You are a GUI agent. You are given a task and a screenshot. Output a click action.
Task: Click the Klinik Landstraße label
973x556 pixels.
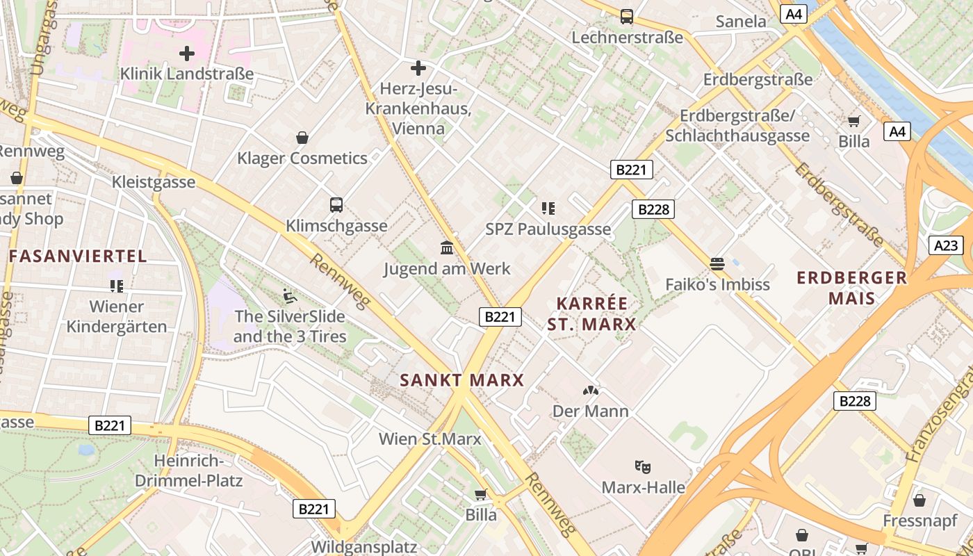(x=187, y=73)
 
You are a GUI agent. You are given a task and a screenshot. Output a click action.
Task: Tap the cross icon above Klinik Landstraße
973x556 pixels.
(x=187, y=53)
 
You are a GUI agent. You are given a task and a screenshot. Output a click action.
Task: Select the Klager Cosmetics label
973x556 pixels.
(x=302, y=158)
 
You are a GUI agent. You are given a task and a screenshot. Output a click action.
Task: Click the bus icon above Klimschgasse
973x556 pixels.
(x=336, y=205)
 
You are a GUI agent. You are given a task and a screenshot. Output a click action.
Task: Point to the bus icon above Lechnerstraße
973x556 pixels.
(x=627, y=16)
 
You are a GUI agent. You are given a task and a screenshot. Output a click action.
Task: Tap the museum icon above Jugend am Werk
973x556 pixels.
(x=447, y=248)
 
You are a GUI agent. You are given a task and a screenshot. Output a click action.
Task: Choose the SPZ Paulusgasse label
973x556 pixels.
(x=548, y=229)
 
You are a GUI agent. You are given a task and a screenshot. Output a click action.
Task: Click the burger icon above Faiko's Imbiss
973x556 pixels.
(x=717, y=264)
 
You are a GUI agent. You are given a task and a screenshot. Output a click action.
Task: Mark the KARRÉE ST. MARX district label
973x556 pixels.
(x=592, y=313)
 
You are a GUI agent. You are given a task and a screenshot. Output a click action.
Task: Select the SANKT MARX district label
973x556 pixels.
(x=462, y=380)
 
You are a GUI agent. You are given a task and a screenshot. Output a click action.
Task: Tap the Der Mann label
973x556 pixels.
(x=590, y=411)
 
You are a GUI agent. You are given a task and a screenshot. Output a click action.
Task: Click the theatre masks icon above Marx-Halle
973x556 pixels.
(x=643, y=467)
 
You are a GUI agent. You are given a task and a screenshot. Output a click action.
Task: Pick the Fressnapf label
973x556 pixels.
(x=919, y=521)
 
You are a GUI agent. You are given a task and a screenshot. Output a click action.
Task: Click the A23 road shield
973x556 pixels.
(x=946, y=245)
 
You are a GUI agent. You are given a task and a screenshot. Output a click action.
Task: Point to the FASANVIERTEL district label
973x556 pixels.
(x=78, y=256)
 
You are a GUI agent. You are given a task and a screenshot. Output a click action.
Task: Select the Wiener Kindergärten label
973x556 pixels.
(x=117, y=316)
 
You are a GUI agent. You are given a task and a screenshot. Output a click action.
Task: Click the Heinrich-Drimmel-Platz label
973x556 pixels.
(x=188, y=471)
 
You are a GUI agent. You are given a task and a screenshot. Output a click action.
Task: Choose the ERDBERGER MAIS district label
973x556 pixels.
(x=852, y=288)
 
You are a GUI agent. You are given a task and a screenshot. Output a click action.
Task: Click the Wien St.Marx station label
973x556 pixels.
(x=430, y=439)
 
